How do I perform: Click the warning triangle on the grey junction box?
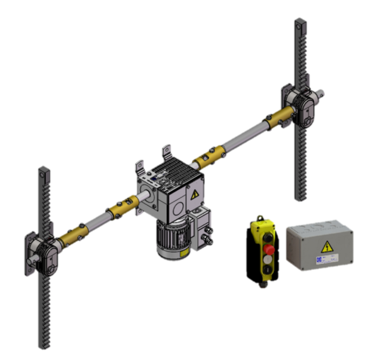[x=327, y=246]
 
